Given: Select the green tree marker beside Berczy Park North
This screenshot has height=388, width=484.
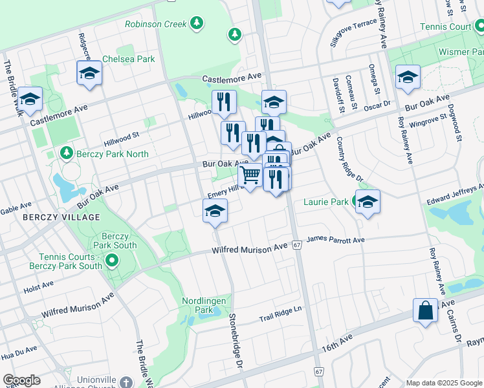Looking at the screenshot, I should pos(65,153).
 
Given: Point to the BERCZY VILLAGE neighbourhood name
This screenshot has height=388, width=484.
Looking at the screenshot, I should pos(61,217).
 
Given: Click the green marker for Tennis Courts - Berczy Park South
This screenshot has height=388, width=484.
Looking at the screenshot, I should pos(111,261).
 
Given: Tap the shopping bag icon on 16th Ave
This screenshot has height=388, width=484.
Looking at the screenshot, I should pos(427,310).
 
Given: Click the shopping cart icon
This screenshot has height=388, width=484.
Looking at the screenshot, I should pos(250,174).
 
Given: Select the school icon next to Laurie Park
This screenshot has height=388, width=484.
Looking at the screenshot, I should pos(368,202).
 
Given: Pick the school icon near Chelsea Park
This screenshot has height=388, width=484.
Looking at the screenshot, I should pos(89,73).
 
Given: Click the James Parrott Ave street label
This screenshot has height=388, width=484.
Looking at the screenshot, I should pos(335,240).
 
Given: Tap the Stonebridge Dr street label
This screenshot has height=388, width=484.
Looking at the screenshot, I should pos(236,341).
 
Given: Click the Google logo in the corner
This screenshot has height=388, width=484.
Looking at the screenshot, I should pos(21,380).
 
